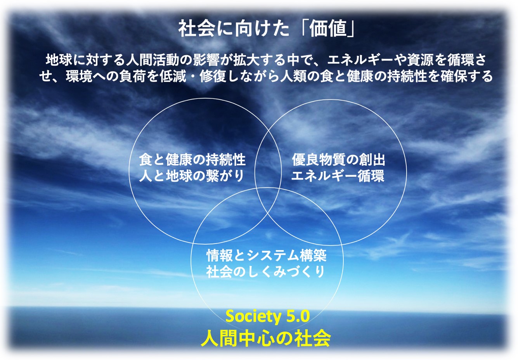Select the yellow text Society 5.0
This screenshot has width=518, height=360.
(268, 317)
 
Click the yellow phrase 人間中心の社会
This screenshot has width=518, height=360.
(265, 339)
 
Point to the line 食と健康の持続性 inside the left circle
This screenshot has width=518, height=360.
(192, 160)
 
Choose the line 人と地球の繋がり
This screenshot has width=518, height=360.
(191, 176)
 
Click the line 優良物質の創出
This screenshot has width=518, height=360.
(338, 160)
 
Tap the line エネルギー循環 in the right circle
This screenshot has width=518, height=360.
(338, 176)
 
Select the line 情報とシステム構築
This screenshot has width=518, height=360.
(266, 256)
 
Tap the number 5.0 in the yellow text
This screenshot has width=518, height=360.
(298, 316)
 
